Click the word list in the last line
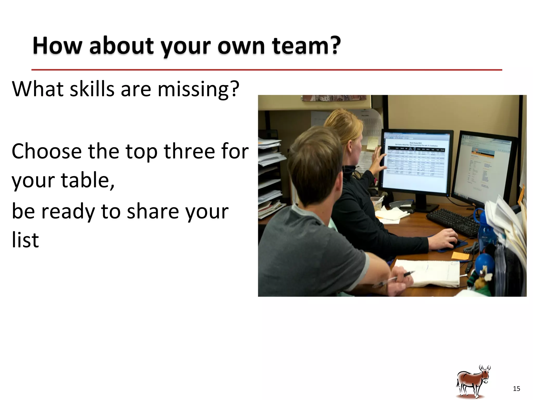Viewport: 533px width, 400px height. tap(25, 240)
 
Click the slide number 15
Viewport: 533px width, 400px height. tap(516, 389)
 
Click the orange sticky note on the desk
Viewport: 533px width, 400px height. tap(460, 255)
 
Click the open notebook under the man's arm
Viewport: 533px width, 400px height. tap(429, 273)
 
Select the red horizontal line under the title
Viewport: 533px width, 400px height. tap(266, 70)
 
